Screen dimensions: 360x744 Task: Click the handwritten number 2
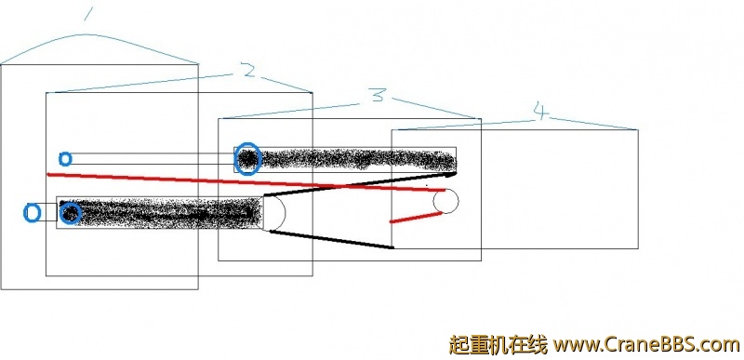click(246, 71)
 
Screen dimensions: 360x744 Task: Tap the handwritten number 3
click(376, 95)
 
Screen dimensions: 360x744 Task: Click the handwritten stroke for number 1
click(89, 13)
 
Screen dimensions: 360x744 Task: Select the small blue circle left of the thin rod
click(64, 158)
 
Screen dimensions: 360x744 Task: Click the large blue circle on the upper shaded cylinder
click(247, 159)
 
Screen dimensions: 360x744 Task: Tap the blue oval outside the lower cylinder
click(31, 213)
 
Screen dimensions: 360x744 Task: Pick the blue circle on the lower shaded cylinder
click(71, 214)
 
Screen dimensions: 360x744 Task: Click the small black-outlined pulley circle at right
click(446, 201)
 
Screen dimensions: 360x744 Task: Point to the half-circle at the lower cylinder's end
click(274, 212)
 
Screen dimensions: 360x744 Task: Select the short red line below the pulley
click(415, 217)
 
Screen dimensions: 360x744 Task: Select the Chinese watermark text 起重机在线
click(497, 344)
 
